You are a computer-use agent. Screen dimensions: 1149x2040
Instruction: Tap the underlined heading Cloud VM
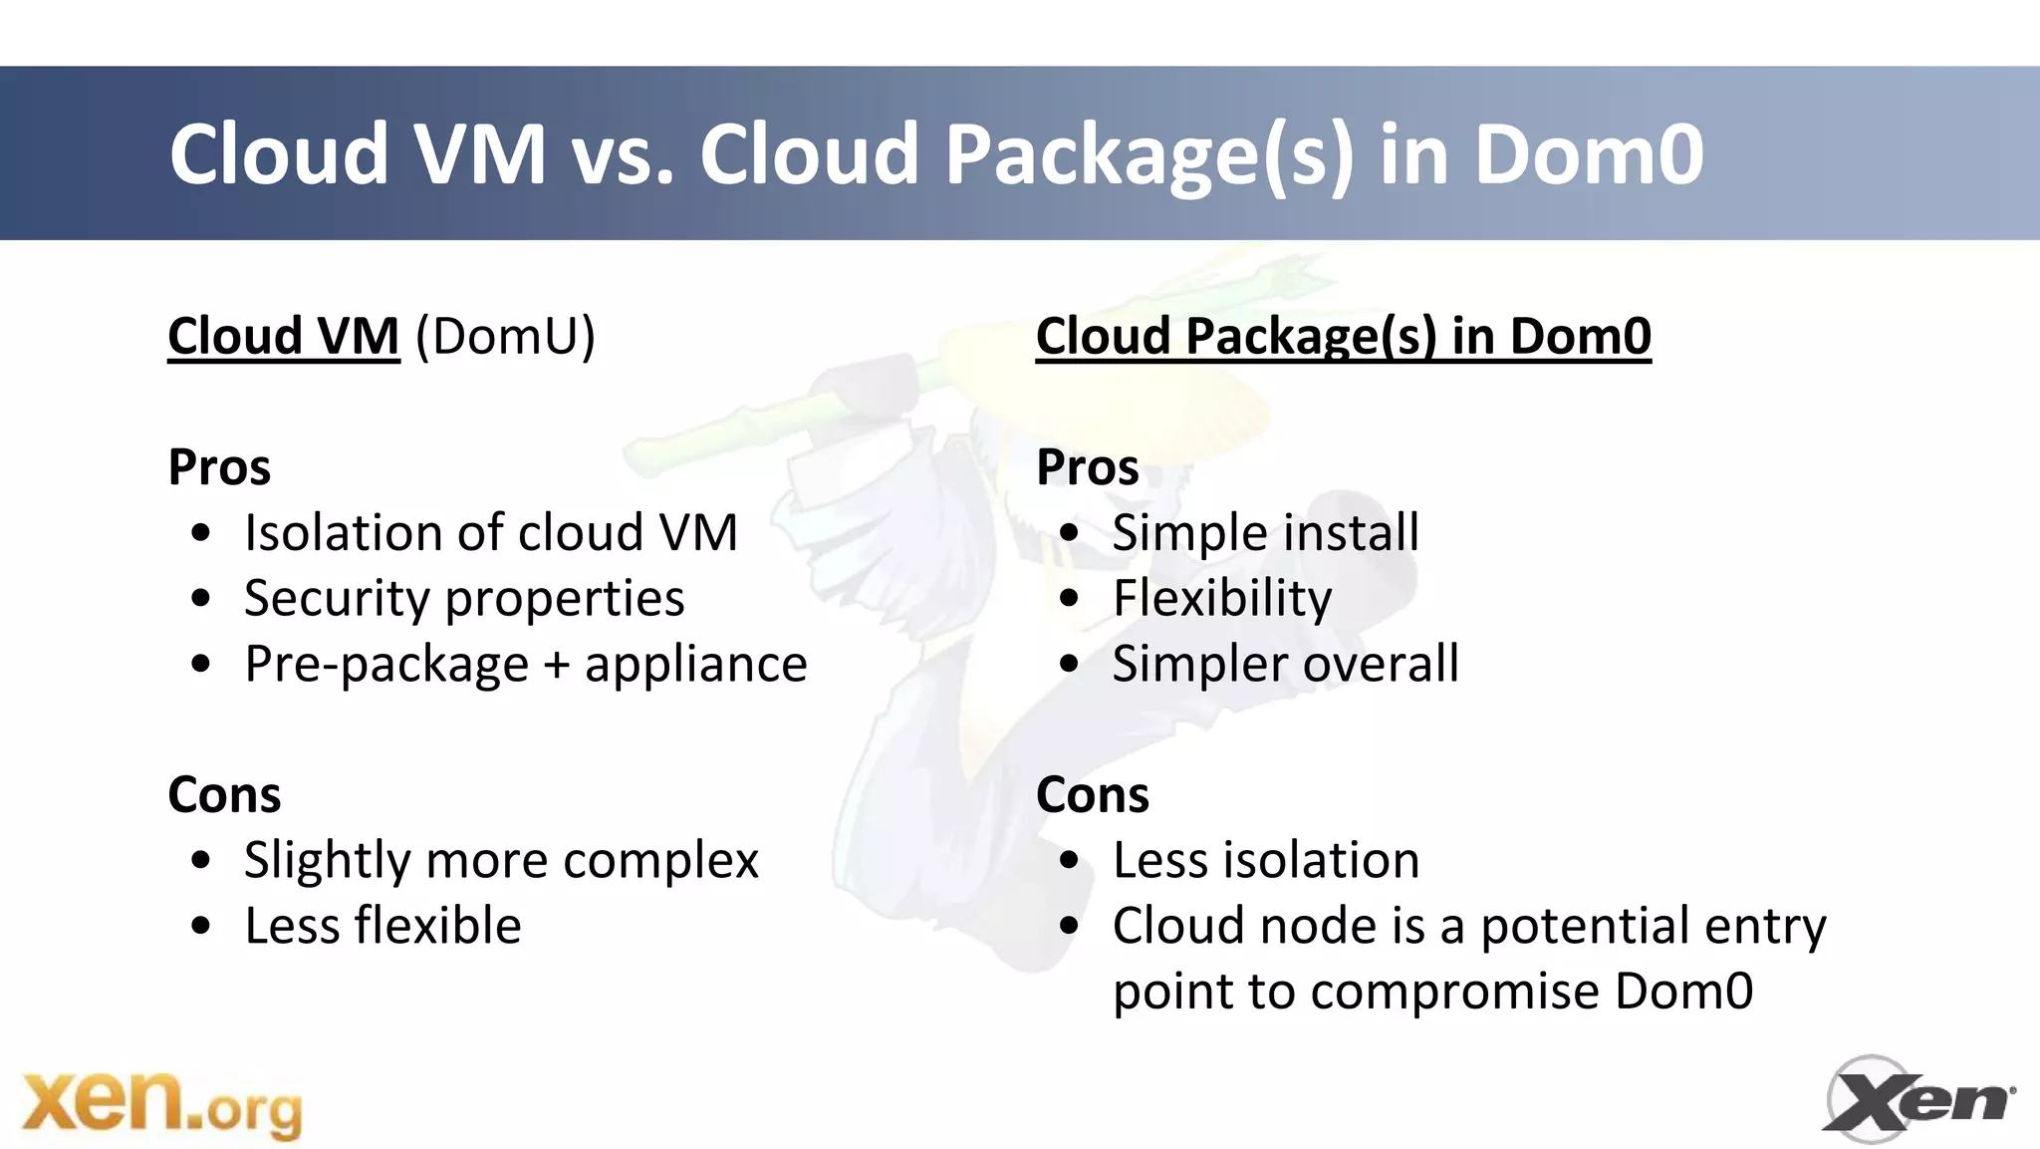coord(283,336)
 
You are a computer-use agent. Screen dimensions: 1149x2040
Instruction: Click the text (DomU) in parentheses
coord(505,336)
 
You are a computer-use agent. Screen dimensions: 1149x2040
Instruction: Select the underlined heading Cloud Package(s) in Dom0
coord(1343,336)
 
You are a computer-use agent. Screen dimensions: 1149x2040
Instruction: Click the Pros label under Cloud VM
coord(219,467)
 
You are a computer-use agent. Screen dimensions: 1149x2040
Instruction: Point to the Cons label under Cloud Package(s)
coord(1093,795)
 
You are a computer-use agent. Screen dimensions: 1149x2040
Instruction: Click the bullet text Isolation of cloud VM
coord(491,532)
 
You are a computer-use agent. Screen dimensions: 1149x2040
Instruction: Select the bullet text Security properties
coord(464,598)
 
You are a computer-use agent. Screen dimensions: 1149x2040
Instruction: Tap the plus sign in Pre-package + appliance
coord(557,666)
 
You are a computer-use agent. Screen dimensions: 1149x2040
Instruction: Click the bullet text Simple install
coord(1265,532)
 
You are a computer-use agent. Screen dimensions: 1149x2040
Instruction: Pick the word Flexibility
coord(1222,598)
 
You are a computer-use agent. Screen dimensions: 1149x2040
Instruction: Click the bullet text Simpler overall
coord(1285,664)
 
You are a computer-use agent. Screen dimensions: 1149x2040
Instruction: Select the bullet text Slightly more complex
coord(501,860)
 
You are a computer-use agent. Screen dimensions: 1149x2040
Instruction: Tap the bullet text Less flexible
coord(382,926)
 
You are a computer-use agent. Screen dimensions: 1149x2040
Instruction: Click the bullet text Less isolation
coord(1265,860)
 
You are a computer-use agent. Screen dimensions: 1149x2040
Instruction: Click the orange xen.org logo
coord(161,1104)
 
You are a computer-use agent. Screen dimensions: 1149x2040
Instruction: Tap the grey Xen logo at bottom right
coord(1916,1100)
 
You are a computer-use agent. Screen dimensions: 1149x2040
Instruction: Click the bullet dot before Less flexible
coord(201,927)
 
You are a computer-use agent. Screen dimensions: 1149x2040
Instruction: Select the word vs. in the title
coord(623,154)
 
